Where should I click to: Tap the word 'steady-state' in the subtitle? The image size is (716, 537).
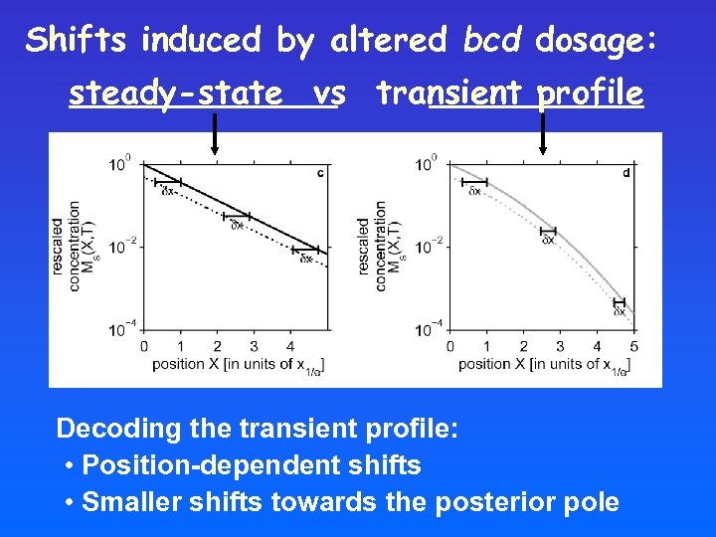point(175,93)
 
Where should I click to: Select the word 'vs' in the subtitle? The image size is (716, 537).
point(328,93)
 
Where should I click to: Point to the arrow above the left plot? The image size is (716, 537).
point(215,133)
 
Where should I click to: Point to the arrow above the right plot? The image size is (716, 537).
point(542,133)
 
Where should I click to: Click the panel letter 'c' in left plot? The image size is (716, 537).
point(319,173)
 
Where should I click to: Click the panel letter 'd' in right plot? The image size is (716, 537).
point(626,173)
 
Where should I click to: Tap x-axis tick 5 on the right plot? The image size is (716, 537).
point(633,346)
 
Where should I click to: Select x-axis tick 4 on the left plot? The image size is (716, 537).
point(289,346)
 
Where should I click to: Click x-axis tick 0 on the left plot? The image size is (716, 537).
point(144,346)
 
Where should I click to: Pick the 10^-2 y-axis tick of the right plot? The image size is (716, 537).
point(429,246)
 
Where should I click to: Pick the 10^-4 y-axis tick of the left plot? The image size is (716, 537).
point(122,329)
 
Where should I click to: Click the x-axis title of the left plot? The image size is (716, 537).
point(237,365)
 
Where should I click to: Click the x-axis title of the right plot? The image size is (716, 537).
point(543,365)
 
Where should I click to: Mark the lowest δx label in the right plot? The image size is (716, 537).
point(619,312)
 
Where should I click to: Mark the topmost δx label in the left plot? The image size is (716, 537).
point(168,191)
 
